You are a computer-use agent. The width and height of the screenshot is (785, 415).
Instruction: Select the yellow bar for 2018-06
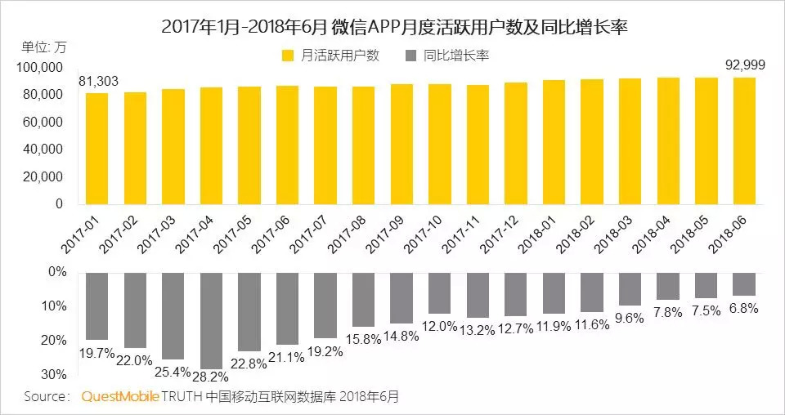click(x=744, y=141)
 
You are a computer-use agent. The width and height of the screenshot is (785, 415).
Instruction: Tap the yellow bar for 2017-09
click(x=401, y=144)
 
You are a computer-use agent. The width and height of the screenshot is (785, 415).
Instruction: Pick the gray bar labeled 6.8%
click(x=744, y=283)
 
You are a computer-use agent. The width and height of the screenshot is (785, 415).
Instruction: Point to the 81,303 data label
click(x=98, y=80)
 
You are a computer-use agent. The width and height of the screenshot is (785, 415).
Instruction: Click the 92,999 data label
click(x=745, y=64)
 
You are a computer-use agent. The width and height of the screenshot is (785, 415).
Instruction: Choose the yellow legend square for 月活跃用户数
click(x=287, y=56)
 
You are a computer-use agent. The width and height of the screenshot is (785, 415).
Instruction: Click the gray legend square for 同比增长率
click(x=410, y=56)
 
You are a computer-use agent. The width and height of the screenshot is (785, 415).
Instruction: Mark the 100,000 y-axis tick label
click(x=39, y=67)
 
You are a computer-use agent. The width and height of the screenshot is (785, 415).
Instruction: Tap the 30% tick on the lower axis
click(x=54, y=374)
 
